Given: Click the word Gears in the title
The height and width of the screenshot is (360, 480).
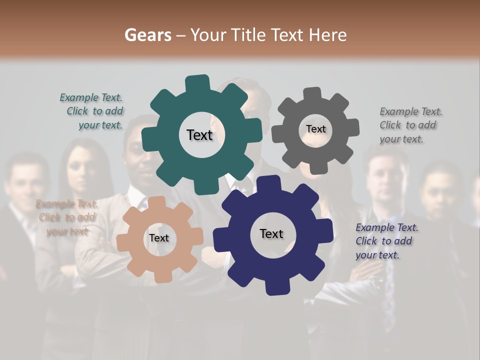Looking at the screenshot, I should [147, 35].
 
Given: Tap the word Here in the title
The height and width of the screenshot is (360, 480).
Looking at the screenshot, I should [328, 35].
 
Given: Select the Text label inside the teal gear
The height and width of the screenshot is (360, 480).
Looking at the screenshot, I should [199, 135].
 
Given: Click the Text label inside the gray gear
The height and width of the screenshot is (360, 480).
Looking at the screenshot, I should [315, 129].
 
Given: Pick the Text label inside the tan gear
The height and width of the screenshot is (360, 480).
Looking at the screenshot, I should [159, 238].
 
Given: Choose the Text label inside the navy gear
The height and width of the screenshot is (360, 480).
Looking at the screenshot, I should [271, 233].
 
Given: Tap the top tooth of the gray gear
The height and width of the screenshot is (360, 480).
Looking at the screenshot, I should [312, 93].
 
